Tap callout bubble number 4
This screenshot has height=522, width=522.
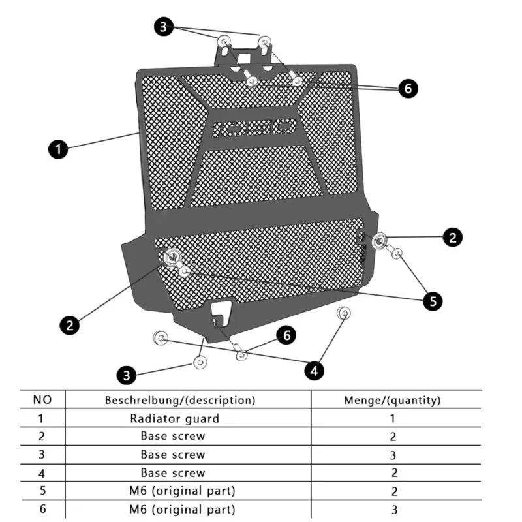click(x=314, y=371)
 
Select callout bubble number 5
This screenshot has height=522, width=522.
click(x=432, y=301)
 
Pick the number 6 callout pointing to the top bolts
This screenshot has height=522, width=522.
click(x=408, y=89)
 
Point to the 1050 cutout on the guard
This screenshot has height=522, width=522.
click(x=255, y=127)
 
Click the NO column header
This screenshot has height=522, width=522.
click(x=41, y=399)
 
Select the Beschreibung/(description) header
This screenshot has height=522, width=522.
click(x=180, y=399)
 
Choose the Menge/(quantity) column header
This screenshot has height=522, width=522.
click(x=392, y=399)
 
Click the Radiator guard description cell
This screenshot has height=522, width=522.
click(x=174, y=418)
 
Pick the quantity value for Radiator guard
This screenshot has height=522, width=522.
click(x=392, y=419)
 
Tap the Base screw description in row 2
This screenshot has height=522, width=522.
click(x=172, y=436)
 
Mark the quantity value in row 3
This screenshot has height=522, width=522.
click(x=392, y=455)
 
